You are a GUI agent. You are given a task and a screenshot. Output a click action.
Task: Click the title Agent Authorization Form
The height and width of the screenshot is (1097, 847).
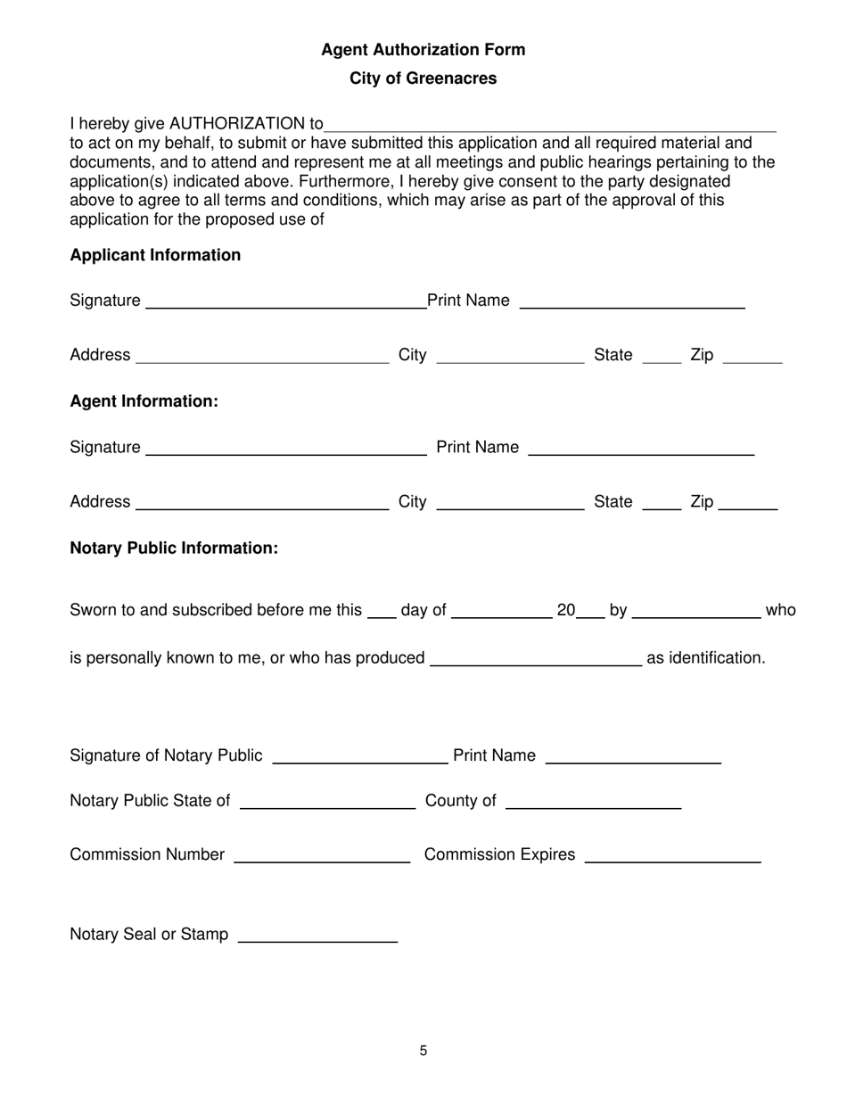click(423, 50)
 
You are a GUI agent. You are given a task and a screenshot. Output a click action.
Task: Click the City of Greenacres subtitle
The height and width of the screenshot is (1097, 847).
click(423, 78)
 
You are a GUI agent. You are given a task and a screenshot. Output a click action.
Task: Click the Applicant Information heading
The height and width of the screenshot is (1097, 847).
click(155, 255)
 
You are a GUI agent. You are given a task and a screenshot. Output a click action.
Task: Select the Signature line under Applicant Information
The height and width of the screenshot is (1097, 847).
click(285, 303)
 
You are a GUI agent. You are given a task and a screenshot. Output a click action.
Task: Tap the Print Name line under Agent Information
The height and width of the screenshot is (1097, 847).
click(641, 450)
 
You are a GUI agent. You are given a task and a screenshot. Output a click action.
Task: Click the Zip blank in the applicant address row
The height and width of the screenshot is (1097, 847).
click(752, 359)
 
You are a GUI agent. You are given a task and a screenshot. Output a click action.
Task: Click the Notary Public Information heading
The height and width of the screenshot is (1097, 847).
click(174, 548)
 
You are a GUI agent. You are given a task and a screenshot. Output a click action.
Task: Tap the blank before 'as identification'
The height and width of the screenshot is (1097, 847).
click(536, 661)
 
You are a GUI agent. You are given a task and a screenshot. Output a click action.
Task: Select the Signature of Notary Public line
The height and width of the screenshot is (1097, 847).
click(358, 759)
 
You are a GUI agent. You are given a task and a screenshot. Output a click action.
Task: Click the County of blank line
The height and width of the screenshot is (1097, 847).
click(593, 804)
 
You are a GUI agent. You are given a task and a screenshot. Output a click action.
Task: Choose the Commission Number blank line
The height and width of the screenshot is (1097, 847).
click(321, 858)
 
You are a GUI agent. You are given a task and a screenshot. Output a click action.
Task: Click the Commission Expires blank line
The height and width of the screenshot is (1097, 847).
click(672, 858)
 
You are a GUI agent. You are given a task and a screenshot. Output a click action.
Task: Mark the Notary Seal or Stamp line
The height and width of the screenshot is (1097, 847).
click(318, 937)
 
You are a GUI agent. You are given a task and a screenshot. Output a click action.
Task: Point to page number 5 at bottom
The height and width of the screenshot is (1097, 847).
click(423, 1051)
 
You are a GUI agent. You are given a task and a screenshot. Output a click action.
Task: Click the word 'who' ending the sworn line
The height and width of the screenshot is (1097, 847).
click(781, 611)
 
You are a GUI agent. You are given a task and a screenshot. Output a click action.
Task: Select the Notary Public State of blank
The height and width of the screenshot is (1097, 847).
click(328, 804)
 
